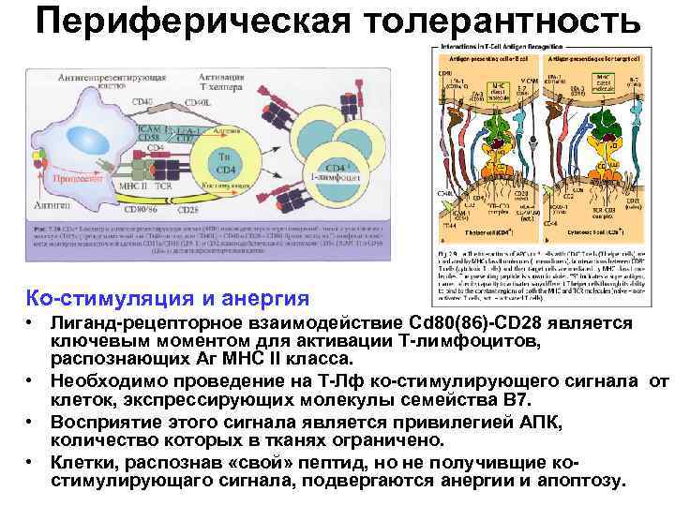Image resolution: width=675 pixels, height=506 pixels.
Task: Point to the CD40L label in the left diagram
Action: click(195, 101)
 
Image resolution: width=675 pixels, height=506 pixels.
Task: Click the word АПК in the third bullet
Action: click(543, 423)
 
